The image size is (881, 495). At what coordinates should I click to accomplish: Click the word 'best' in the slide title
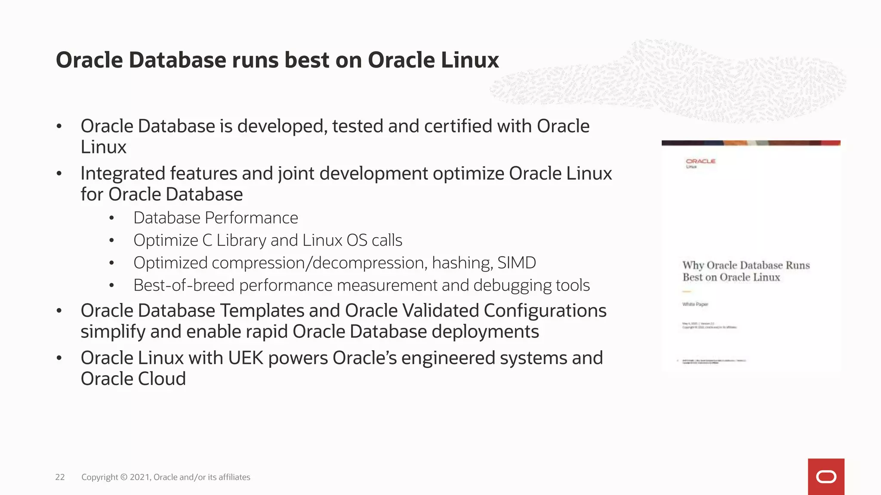coord(307,60)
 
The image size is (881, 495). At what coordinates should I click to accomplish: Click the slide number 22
coord(60,477)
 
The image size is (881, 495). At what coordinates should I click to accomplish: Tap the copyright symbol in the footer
coord(124,477)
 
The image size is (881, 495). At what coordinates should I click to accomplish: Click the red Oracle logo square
coord(826,477)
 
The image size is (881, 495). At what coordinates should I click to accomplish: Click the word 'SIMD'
coord(517,263)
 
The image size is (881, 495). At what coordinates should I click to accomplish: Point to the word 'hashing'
coord(462,263)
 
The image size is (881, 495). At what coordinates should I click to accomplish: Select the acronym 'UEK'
coord(246,358)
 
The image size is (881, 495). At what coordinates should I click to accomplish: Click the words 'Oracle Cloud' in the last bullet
coord(133,379)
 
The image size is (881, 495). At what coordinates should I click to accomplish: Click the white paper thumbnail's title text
coord(745,271)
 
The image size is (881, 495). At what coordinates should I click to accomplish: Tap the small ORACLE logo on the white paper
coord(700,162)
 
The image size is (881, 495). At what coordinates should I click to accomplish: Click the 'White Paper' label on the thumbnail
coord(695,304)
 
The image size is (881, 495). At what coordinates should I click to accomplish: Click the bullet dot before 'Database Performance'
coord(111,218)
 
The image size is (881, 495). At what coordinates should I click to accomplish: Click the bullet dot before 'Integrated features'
coord(59,174)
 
